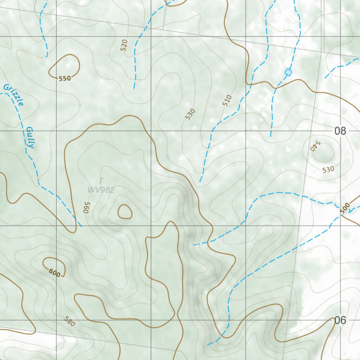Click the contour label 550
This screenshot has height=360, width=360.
click(65, 78)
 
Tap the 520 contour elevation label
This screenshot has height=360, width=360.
click(124, 45)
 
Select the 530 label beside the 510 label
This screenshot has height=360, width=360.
click(190, 114)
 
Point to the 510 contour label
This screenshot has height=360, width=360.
click(227, 101)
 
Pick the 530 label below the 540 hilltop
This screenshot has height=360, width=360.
click(328, 169)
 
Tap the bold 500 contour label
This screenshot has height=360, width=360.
click(345, 208)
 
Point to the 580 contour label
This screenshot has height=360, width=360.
click(70, 321)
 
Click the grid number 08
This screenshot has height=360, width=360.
click(340, 131)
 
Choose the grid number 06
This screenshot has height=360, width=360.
click(340, 320)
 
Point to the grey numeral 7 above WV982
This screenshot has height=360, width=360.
click(101, 181)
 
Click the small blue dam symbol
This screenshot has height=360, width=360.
click(288, 72)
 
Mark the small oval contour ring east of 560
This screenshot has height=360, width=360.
click(125, 212)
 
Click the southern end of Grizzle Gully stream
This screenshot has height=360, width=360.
click(81, 226)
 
